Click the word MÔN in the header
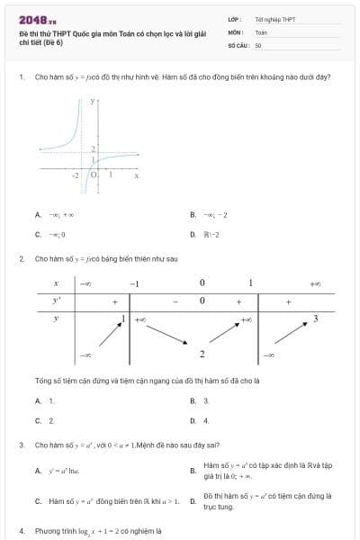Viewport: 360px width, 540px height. point(235,31)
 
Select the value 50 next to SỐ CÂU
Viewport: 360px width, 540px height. point(258,44)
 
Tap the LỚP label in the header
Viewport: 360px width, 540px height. point(234,19)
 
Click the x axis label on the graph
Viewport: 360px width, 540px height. point(137,175)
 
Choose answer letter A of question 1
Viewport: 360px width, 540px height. point(38,214)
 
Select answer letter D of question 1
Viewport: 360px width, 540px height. point(193,234)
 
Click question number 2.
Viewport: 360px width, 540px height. point(21,258)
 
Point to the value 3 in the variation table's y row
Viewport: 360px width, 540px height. point(315,319)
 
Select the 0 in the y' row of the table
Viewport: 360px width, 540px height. point(202,301)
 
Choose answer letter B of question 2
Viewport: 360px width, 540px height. point(193,400)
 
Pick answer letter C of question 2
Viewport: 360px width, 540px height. point(38,420)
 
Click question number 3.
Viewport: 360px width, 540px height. point(21,445)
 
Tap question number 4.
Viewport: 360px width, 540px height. point(21,531)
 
